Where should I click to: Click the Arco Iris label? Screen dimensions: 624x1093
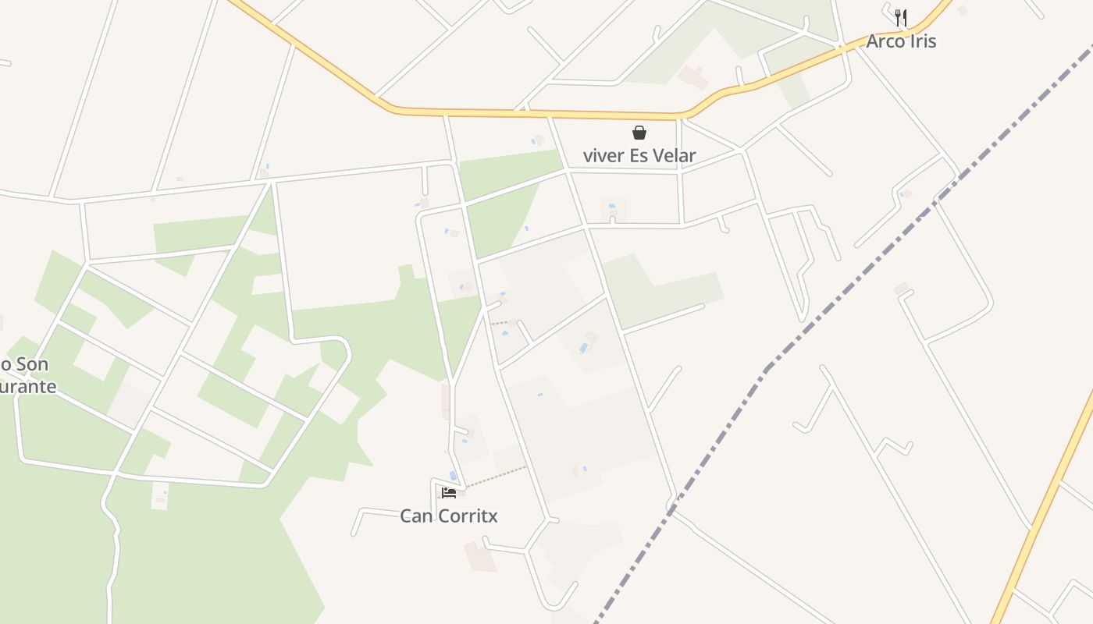click(x=900, y=41)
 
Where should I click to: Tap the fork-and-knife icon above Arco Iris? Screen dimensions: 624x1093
click(x=900, y=17)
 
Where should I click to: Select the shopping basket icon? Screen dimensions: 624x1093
click(x=639, y=133)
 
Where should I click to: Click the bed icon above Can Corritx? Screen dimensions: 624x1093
click(x=449, y=492)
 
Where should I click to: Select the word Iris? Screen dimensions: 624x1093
click(x=922, y=41)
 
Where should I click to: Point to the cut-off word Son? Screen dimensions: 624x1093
click(x=32, y=364)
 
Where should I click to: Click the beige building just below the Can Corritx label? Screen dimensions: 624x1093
click(x=480, y=557)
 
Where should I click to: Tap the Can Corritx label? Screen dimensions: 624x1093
click(x=448, y=516)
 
